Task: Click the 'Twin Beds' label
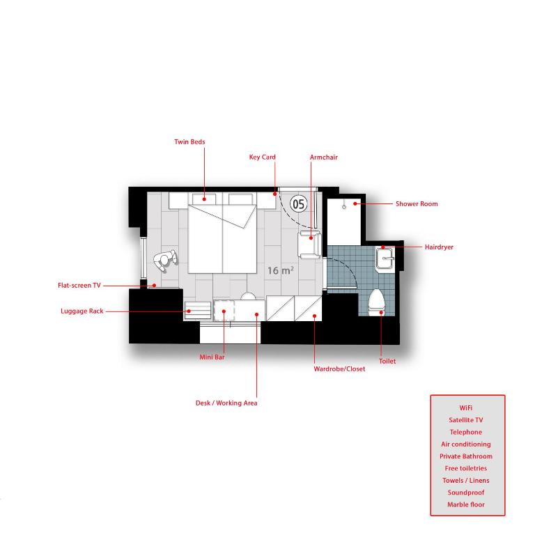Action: click(x=189, y=142)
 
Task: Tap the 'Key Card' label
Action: click(x=262, y=157)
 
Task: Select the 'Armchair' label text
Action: click(x=323, y=157)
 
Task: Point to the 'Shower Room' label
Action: click(x=417, y=204)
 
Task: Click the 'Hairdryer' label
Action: click(x=439, y=247)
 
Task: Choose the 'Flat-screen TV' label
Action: click(x=79, y=286)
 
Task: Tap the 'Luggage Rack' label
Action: click(x=82, y=311)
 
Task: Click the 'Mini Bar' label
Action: click(x=212, y=357)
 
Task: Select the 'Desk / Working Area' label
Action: click(x=226, y=403)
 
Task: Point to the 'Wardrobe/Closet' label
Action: click(x=339, y=369)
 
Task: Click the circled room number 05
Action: click(x=298, y=204)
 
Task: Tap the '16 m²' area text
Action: click(x=280, y=270)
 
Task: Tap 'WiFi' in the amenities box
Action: click(x=466, y=408)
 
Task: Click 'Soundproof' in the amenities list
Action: click(x=466, y=493)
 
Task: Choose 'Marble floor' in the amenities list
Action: click(x=466, y=504)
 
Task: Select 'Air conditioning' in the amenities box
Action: click(x=466, y=444)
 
